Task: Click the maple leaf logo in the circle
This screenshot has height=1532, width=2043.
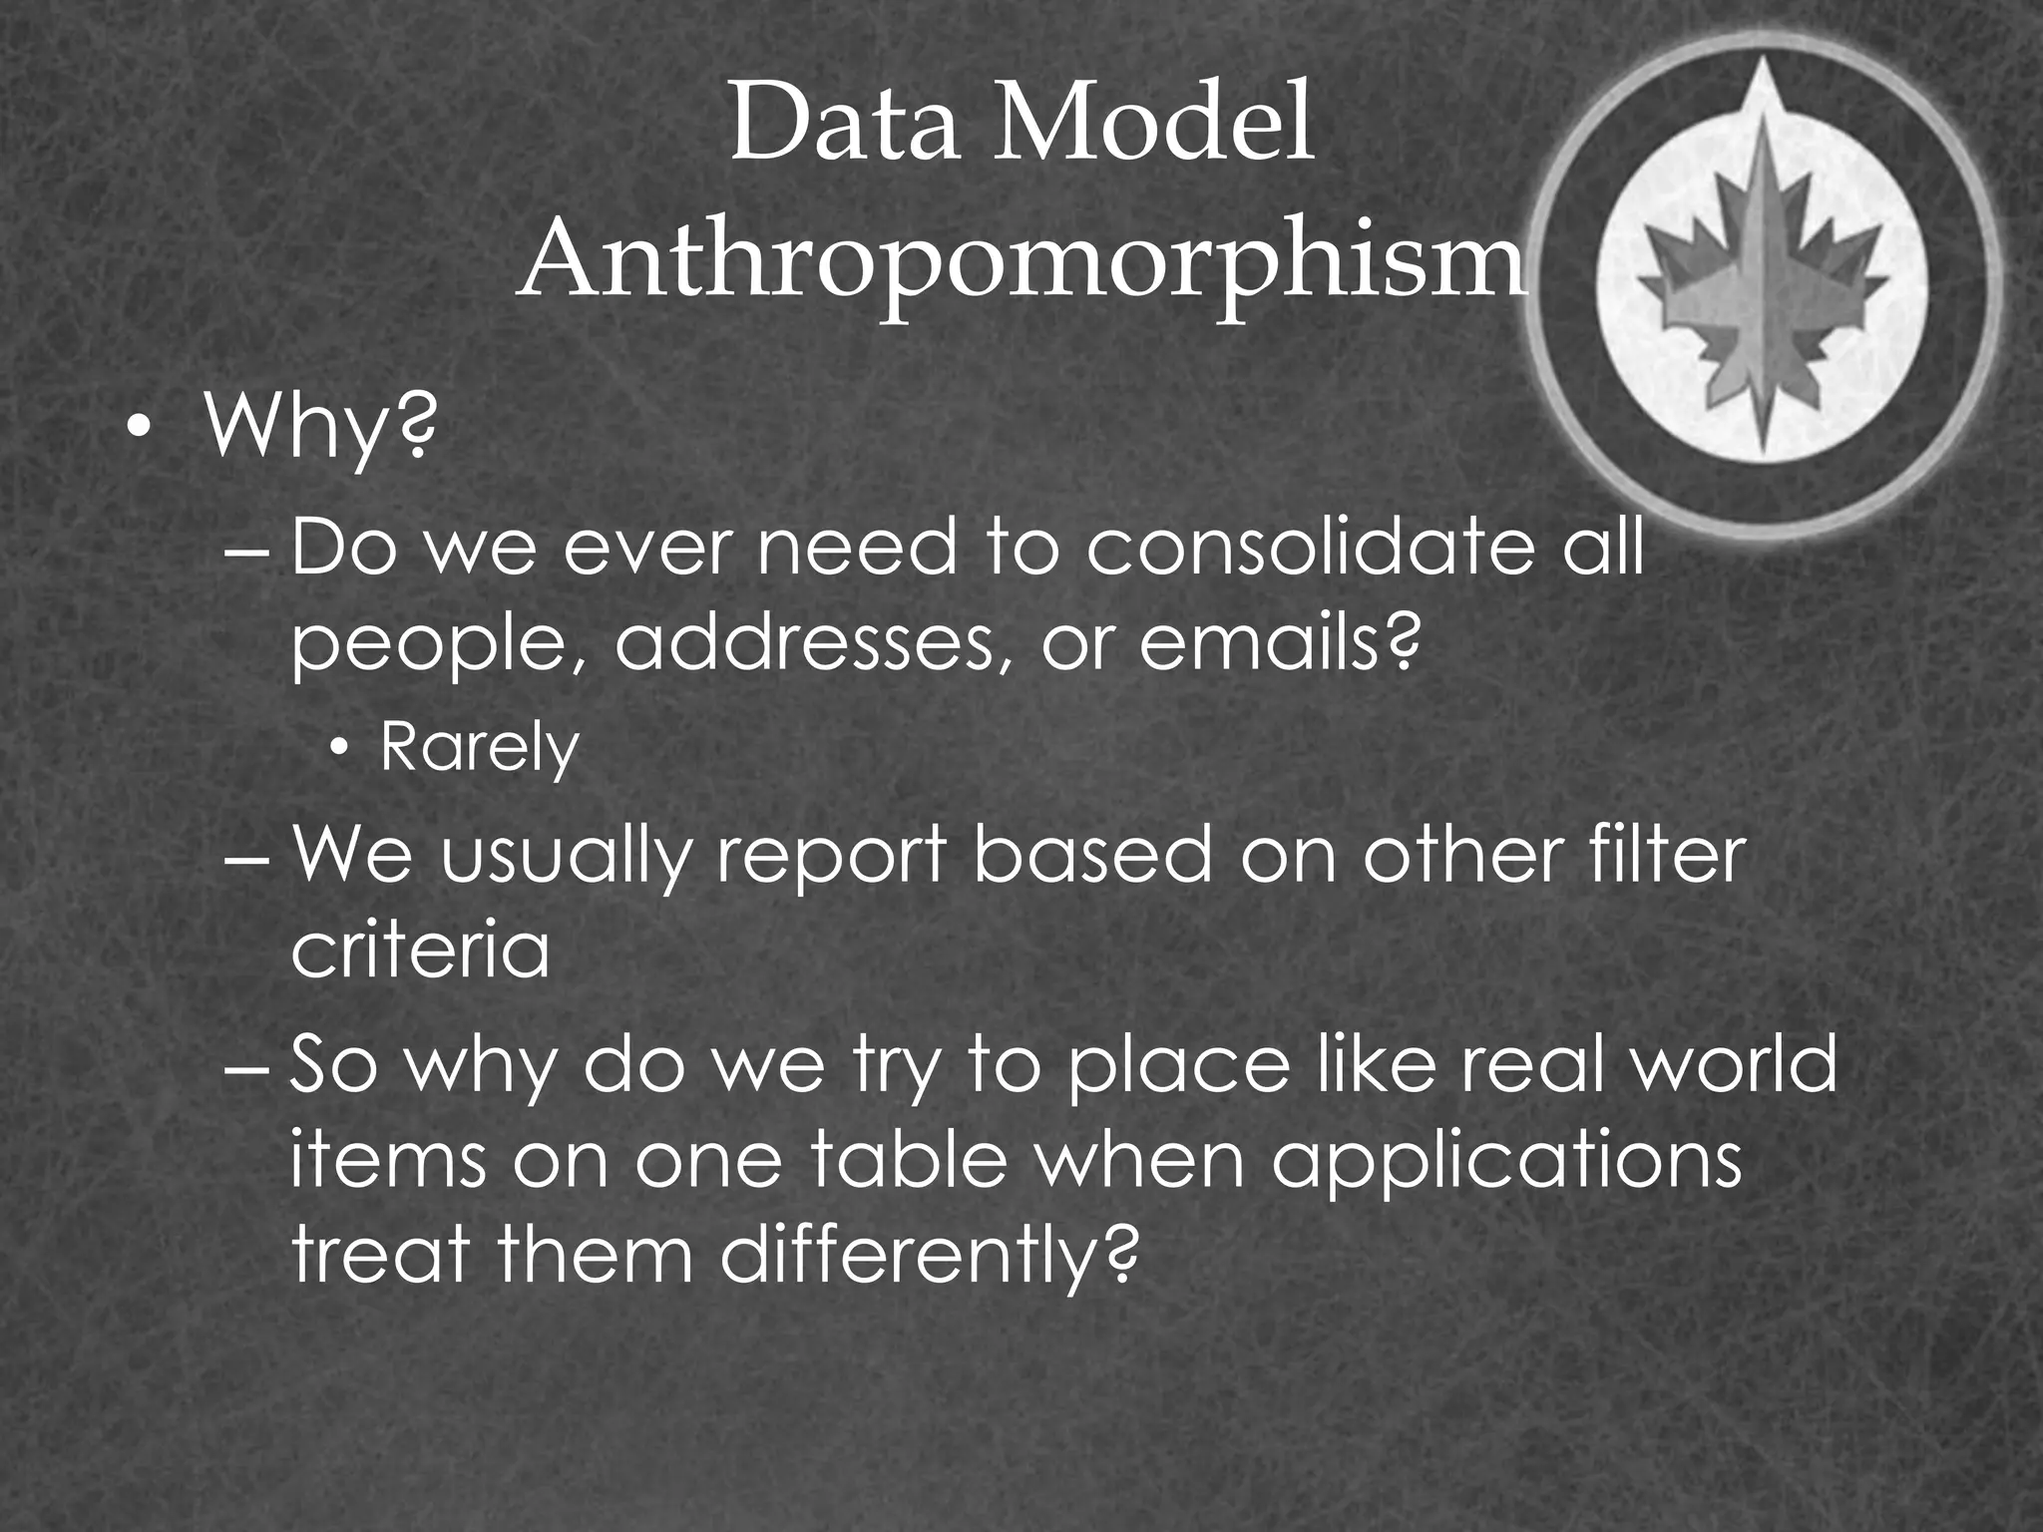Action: pyautogui.click(x=1763, y=289)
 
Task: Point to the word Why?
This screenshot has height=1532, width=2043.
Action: pyautogui.click(x=320, y=427)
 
